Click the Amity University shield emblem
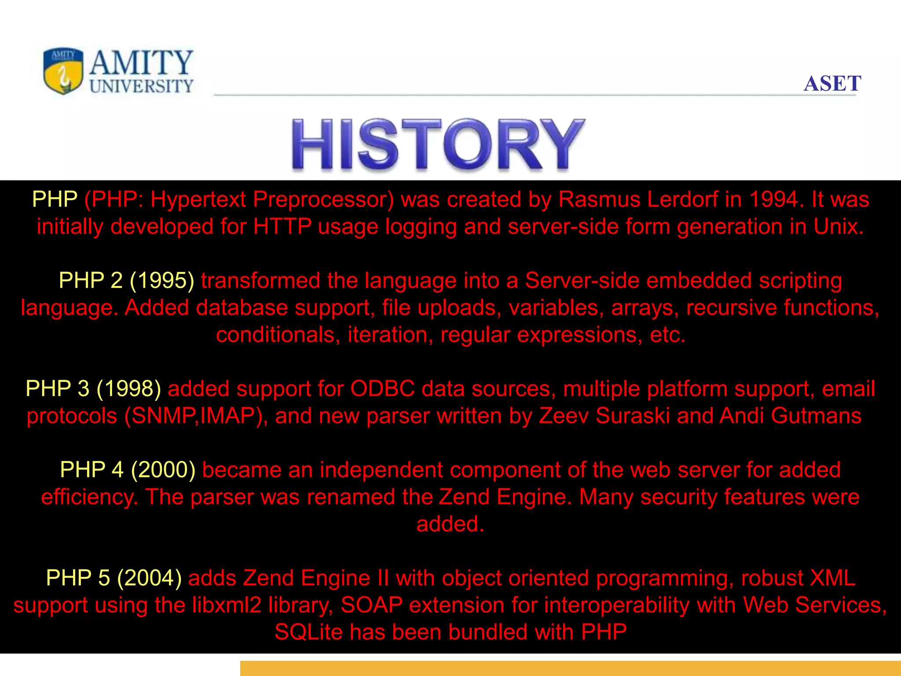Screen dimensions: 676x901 tap(63, 71)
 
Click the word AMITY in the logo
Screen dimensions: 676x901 tap(141, 63)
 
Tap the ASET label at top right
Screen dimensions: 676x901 tap(832, 84)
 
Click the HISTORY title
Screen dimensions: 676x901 tap(438, 144)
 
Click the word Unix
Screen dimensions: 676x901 tap(838, 227)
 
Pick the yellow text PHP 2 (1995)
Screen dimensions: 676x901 tap(127, 281)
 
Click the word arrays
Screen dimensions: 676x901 tap(642, 308)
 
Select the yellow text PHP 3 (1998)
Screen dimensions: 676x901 tap(93, 389)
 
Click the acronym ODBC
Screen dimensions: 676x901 tap(382, 389)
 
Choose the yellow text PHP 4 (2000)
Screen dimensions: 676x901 tap(128, 470)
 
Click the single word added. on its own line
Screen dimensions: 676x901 tap(450, 524)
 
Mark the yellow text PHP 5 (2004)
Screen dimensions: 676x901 tap(114, 578)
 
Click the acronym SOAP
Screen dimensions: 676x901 tap(371, 606)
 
